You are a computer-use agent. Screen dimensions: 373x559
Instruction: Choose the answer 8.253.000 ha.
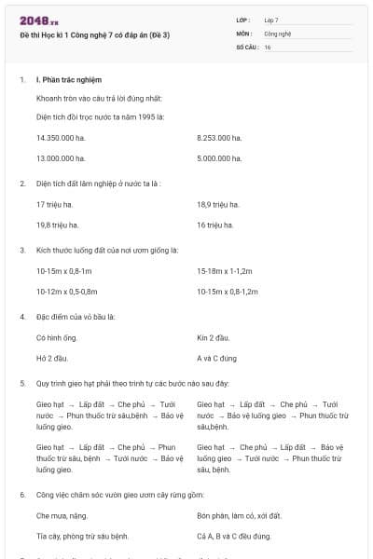click(x=219, y=138)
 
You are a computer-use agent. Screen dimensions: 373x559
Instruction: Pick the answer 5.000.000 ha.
click(x=219, y=158)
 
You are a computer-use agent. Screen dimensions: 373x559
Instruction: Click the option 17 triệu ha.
click(x=54, y=204)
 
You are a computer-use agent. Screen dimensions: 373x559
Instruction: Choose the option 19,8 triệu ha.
click(x=57, y=225)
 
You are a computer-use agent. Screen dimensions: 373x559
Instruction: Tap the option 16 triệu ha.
click(x=214, y=225)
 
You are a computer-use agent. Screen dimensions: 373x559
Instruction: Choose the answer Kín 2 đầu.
click(x=214, y=337)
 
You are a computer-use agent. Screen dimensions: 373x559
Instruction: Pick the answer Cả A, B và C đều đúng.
click(x=234, y=536)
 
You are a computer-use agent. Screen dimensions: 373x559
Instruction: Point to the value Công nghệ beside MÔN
click(x=278, y=33)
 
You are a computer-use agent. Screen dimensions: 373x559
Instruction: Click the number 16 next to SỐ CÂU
click(x=268, y=47)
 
